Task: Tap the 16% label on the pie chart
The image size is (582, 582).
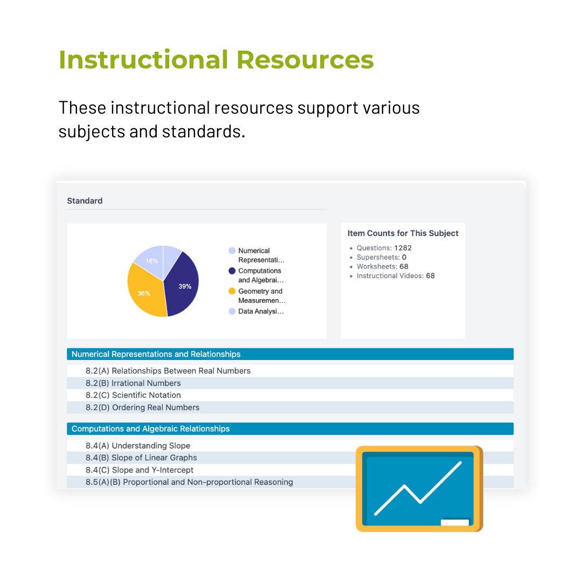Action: tap(151, 261)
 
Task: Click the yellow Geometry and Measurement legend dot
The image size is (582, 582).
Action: tap(232, 291)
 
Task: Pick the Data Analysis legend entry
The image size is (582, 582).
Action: tap(260, 311)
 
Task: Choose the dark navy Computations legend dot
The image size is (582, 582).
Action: tap(232, 271)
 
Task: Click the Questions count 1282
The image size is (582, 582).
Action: tap(403, 248)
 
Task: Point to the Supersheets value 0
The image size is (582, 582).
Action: tap(404, 257)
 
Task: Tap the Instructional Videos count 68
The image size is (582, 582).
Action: tap(430, 275)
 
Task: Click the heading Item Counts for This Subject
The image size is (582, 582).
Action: tap(403, 233)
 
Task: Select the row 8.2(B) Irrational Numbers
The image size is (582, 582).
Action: tap(146, 383)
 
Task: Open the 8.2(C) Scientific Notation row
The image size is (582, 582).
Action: tap(146, 395)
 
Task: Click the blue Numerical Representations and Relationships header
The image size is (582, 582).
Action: tap(156, 354)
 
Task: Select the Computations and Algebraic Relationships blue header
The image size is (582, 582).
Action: tap(150, 429)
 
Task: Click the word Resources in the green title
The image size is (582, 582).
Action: tap(305, 59)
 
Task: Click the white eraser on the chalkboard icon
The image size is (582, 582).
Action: tap(454, 522)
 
